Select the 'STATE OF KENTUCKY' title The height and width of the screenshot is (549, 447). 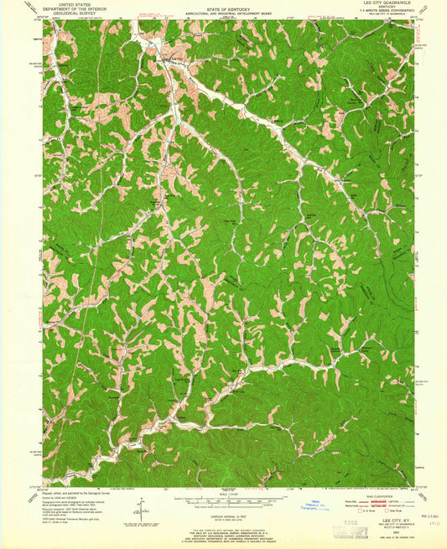(x=227, y=6)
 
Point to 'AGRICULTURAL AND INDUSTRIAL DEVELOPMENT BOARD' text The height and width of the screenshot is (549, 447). (x=227, y=11)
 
